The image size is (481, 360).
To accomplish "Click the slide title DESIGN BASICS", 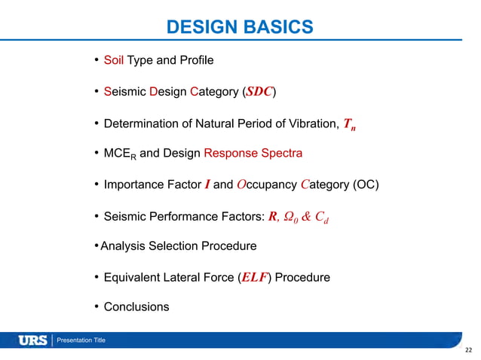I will [240, 28].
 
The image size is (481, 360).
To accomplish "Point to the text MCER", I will [120, 154].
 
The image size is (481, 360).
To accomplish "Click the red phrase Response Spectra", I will [253, 153].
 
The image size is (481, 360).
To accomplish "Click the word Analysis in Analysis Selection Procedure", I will [124, 246].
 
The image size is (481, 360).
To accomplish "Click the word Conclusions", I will [136, 307].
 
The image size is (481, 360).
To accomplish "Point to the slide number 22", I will [469, 350].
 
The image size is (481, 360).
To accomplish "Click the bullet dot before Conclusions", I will [97, 307].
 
